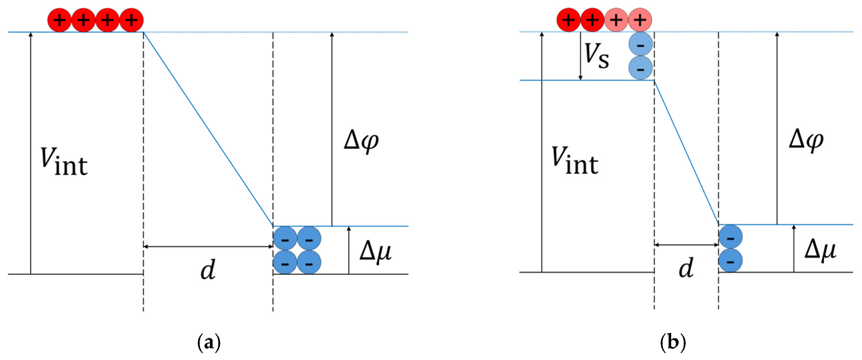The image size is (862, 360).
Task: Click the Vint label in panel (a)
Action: coord(64,162)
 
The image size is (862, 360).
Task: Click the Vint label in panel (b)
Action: coord(574,161)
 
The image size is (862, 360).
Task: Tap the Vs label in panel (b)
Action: coord(596,56)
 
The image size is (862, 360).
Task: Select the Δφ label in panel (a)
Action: coord(361,141)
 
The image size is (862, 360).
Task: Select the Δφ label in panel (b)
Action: coord(806,140)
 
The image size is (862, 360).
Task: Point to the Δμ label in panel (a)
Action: coord(375,252)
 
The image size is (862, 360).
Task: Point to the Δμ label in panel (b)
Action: coord(820,250)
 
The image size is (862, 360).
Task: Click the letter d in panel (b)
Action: coord(686,268)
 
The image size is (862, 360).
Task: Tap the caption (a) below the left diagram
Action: coord(209,342)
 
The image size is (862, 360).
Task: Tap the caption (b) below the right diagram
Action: coord(673,342)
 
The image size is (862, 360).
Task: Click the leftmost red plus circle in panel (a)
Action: coord(60,20)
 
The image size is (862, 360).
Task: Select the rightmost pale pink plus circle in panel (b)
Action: coord(640,20)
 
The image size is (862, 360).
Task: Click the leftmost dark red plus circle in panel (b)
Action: coord(568,20)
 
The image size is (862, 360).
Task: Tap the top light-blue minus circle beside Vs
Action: coord(641,44)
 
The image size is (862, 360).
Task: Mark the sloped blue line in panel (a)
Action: coord(208,129)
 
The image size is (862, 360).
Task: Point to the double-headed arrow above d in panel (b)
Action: coord(686,245)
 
